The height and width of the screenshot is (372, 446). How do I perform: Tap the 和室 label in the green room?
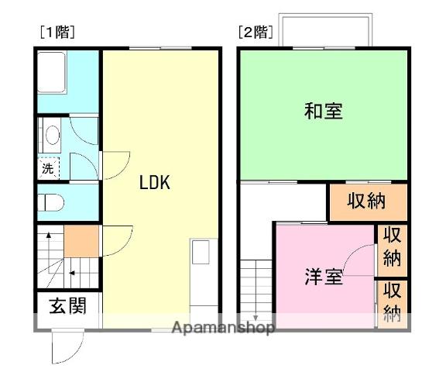323,111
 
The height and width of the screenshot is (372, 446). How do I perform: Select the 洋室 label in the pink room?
323,276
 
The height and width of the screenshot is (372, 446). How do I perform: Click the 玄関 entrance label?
67,305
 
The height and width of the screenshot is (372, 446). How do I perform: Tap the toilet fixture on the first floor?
52,203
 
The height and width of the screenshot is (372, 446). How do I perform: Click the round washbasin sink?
52,136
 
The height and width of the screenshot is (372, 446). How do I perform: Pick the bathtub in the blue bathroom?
55,70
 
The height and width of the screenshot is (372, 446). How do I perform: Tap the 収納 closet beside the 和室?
366,201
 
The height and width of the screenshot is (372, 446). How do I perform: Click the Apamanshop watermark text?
224,328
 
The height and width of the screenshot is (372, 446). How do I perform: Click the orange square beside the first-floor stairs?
81,242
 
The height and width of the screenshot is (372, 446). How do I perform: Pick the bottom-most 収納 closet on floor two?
393,302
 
